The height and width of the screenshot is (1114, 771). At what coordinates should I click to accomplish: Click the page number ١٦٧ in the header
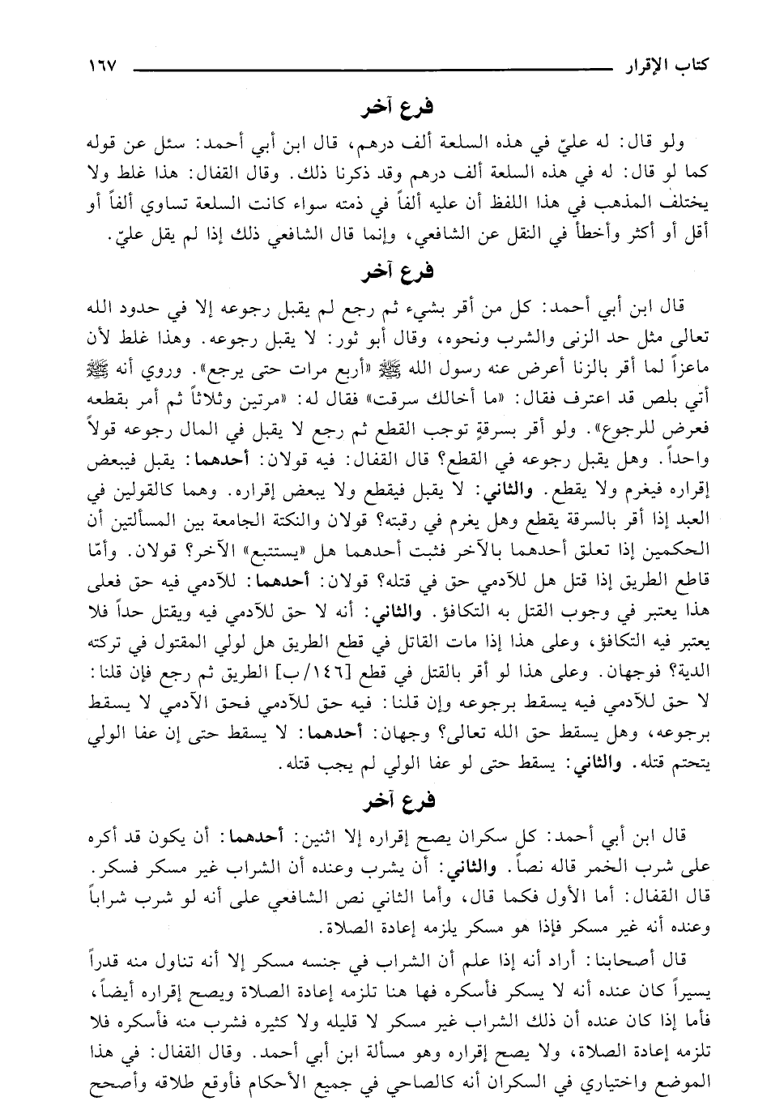click(x=99, y=64)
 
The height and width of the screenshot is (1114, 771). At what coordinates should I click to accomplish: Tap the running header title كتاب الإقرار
click(x=662, y=64)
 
